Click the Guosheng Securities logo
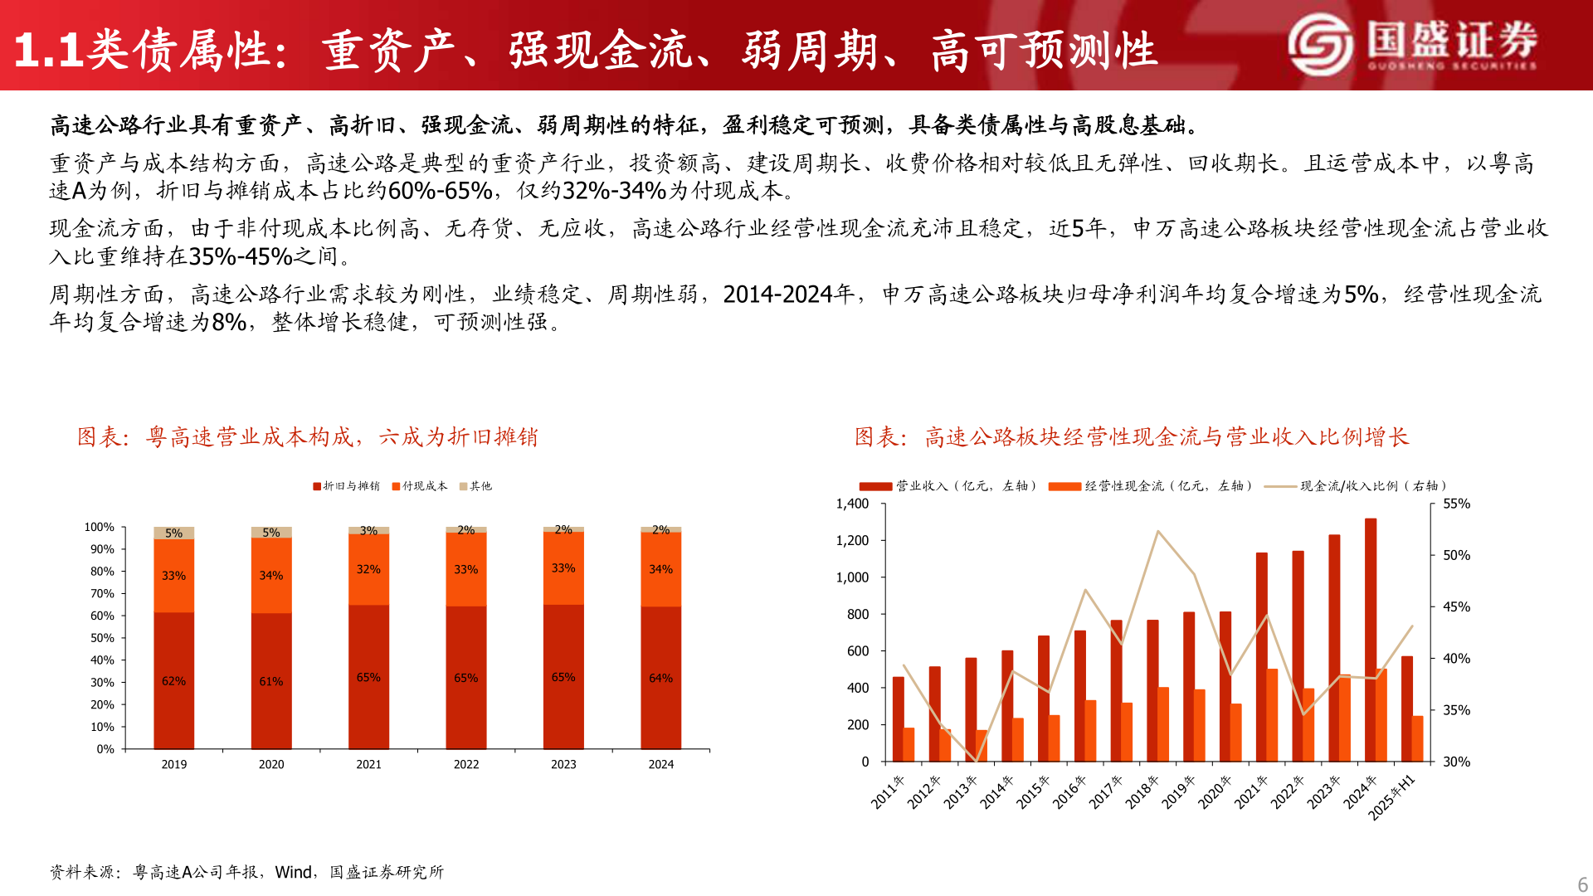pyautogui.click(x=1411, y=44)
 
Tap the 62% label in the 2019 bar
pyautogui.click(x=173, y=681)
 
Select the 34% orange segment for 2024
pyautogui.click(x=660, y=569)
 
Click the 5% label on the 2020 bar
pyautogui.click(x=271, y=533)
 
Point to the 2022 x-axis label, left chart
pyautogui.click(x=466, y=764)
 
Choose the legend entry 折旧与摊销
pyautogui.click(x=346, y=486)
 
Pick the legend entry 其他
pyautogui.click(x=475, y=486)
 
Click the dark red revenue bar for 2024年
pyautogui.click(x=1371, y=639)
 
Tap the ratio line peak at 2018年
pyautogui.click(x=1157, y=531)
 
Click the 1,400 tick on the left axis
pyautogui.click(x=852, y=504)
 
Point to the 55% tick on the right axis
pyautogui.click(x=1456, y=504)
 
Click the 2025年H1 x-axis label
pyautogui.click(x=1391, y=797)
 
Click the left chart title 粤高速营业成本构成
pyautogui.click(x=308, y=437)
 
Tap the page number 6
pyautogui.click(x=1582, y=884)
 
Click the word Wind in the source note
pyautogui.click(x=293, y=872)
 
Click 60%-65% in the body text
pyautogui.click(x=440, y=191)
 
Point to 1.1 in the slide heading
pyautogui.click(x=48, y=51)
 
